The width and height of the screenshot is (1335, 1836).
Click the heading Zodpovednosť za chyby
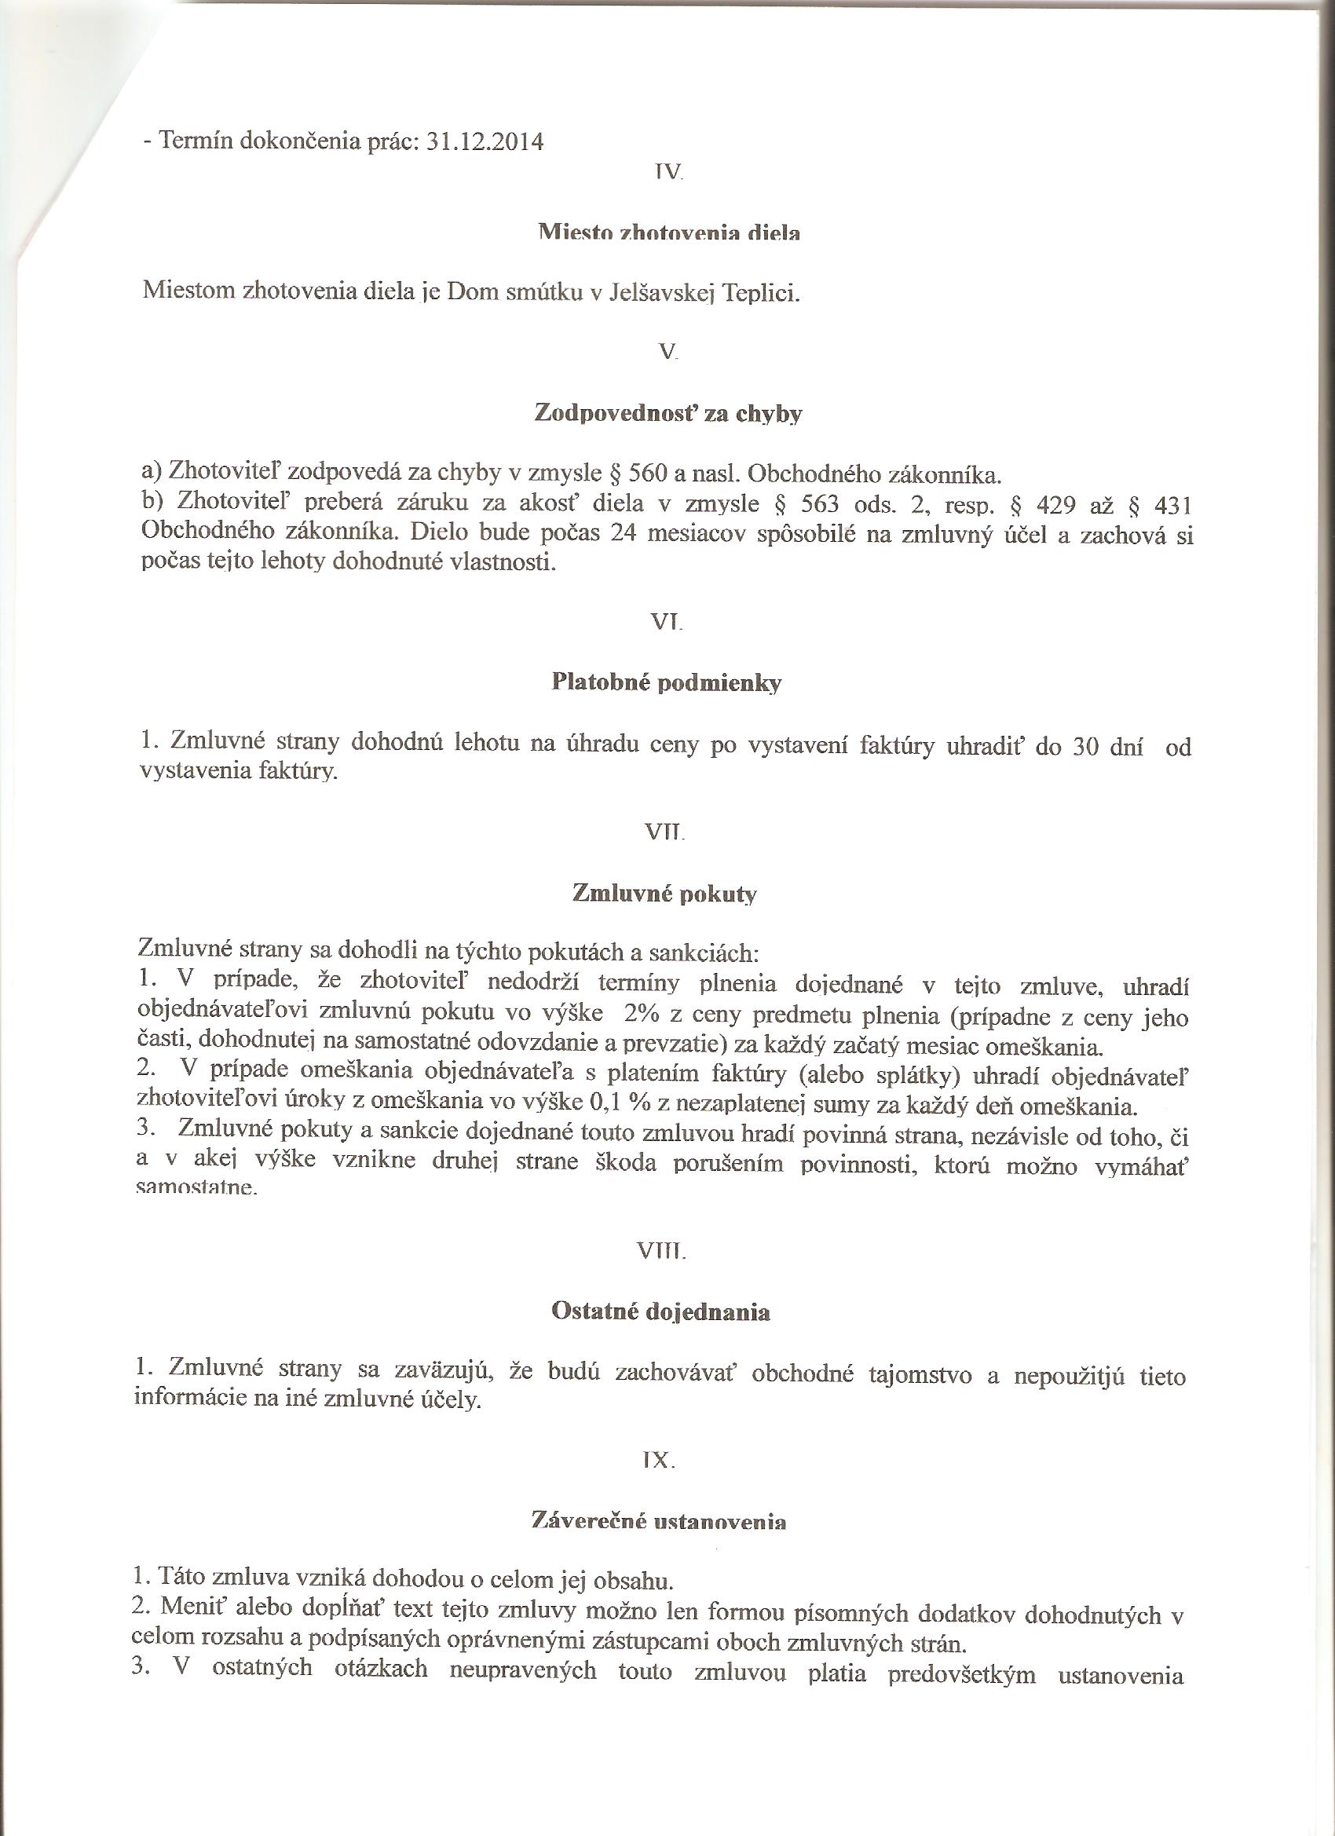(x=668, y=414)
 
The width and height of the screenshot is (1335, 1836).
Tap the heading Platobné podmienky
(x=666, y=683)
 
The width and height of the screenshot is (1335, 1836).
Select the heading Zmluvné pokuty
(x=664, y=893)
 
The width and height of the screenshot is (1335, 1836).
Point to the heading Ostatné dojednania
(x=660, y=1312)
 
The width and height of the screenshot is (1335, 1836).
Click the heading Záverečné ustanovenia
(x=658, y=1521)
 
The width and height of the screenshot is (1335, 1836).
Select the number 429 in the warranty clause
(x=1055, y=506)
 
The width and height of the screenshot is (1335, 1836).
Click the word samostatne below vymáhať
(x=197, y=1190)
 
